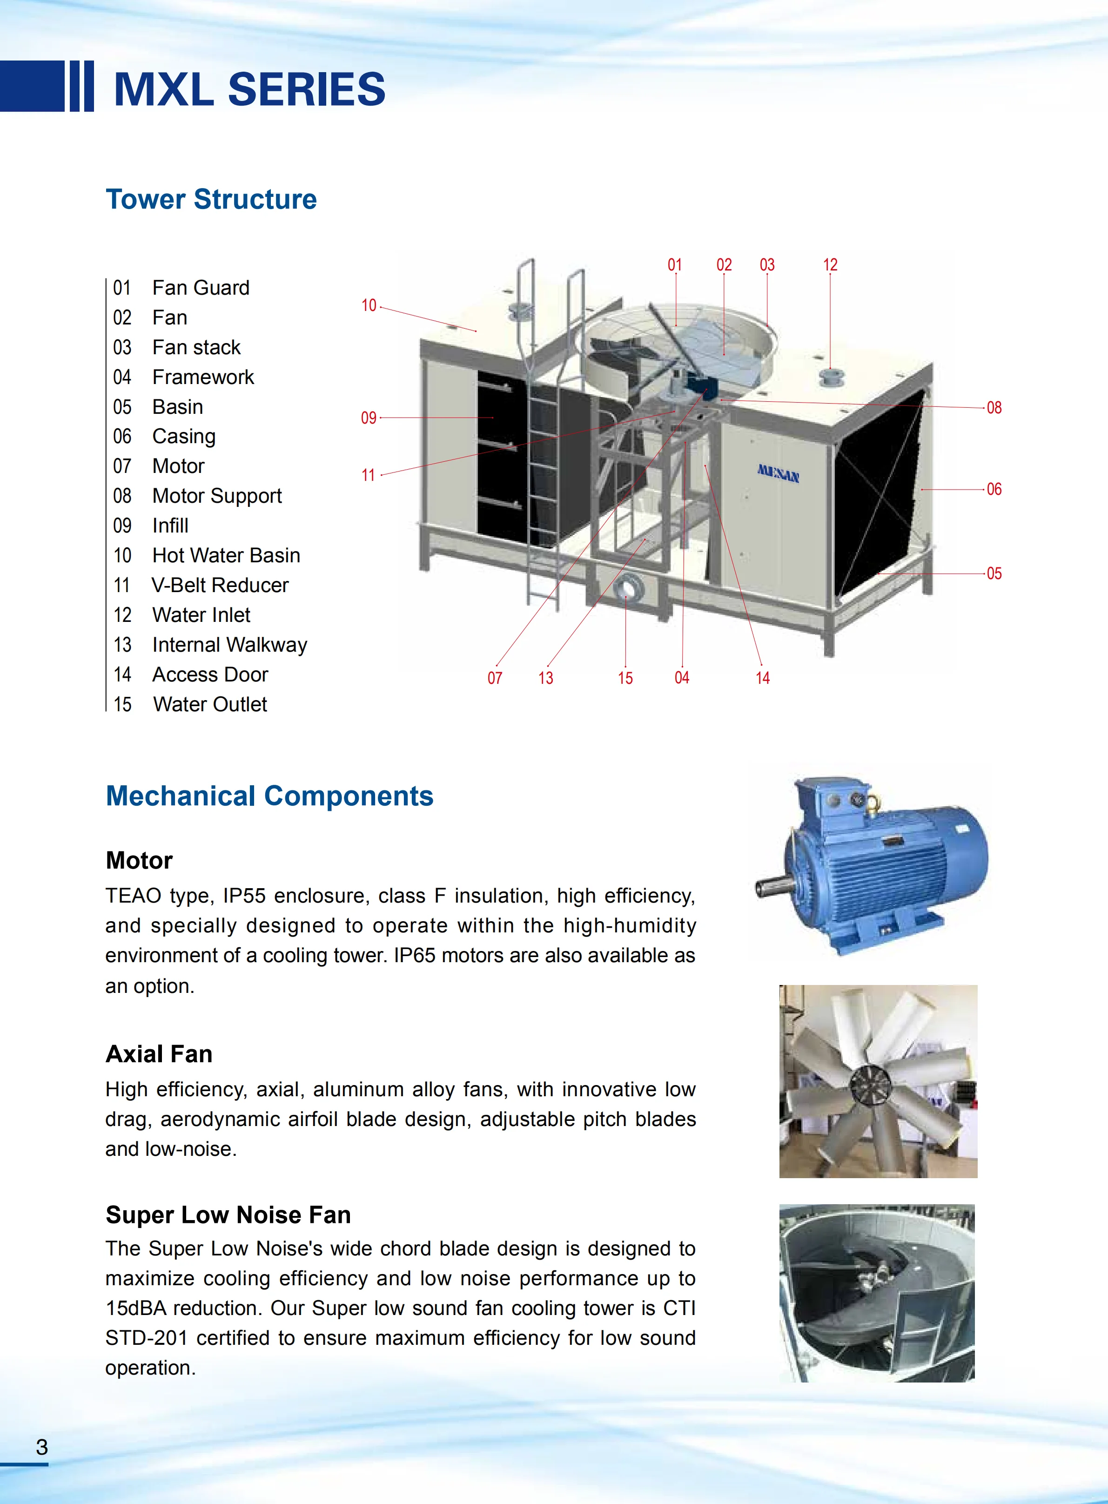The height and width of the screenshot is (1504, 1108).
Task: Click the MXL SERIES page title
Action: (249, 89)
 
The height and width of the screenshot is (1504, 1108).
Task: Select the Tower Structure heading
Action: (211, 199)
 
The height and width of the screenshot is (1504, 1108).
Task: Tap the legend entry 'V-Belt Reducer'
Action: (220, 585)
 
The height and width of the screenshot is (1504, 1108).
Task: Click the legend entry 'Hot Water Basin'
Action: (226, 555)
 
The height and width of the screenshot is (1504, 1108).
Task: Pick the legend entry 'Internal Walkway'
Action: (229, 645)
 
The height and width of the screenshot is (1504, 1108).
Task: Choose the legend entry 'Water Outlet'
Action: (210, 704)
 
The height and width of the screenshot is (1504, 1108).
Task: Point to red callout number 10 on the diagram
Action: (369, 306)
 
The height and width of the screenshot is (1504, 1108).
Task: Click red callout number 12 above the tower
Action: (830, 265)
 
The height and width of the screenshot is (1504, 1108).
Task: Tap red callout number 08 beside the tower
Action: (994, 408)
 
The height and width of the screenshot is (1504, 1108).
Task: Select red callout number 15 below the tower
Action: (625, 678)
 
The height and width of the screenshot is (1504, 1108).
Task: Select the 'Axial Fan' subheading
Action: (159, 1054)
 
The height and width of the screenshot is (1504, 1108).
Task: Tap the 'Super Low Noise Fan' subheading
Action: (228, 1215)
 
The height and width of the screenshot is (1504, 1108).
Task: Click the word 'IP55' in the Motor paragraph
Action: (244, 896)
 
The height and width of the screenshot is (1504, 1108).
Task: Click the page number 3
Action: (41, 1447)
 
